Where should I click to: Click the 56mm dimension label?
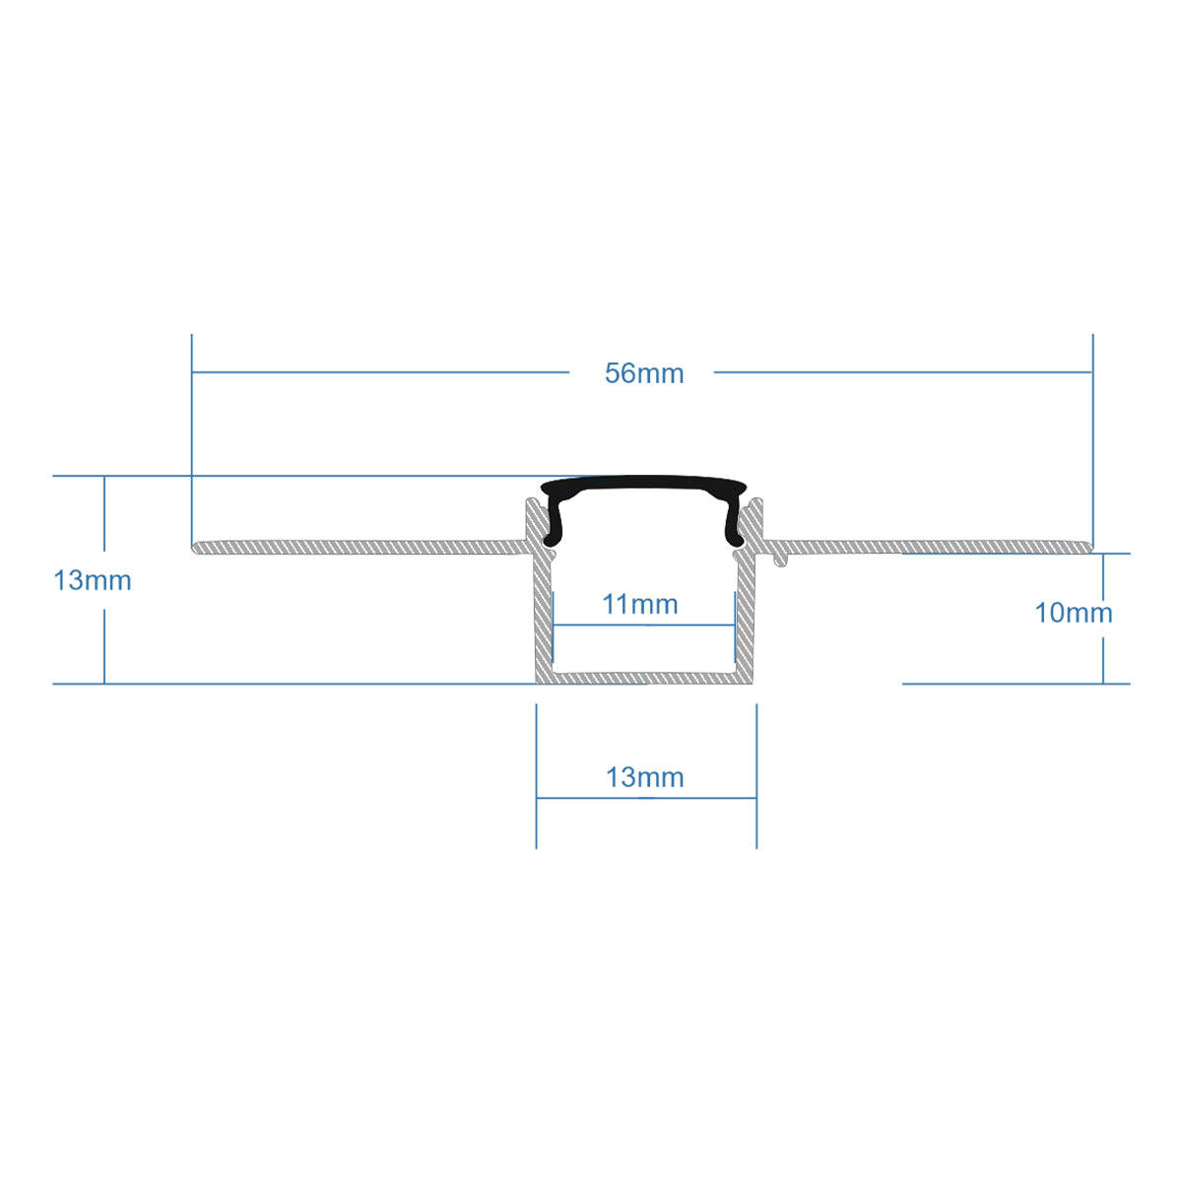coord(644,374)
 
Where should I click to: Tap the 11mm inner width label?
coord(640,604)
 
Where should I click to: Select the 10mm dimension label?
coord(1073,613)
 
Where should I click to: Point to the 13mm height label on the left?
coord(92,580)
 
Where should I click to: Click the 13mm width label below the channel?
coord(644,777)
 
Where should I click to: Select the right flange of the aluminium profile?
coord(936,546)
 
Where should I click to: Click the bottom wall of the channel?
coord(645,678)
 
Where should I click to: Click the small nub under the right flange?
coord(781,559)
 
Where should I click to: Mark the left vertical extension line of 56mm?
coord(192,433)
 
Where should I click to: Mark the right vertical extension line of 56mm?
coord(1093,433)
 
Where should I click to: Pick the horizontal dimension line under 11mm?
coord(644,624)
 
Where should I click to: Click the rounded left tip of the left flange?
coord(195,546)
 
